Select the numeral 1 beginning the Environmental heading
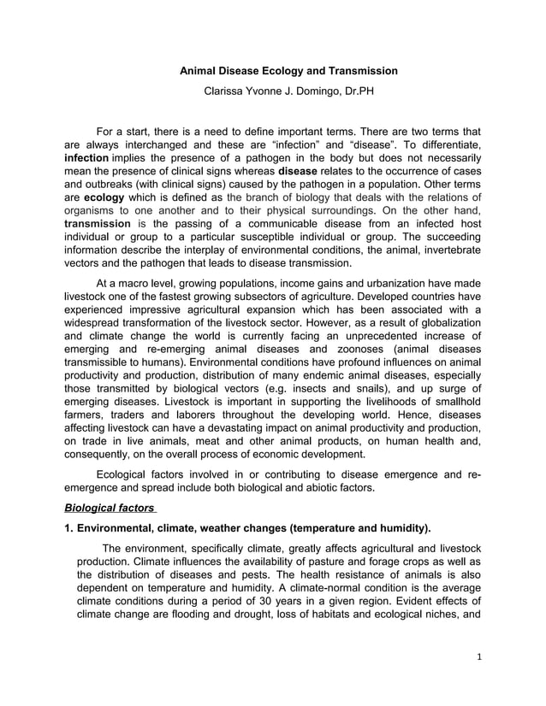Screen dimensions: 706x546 [68, 527]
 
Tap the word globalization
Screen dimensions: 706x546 [439, 322]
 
